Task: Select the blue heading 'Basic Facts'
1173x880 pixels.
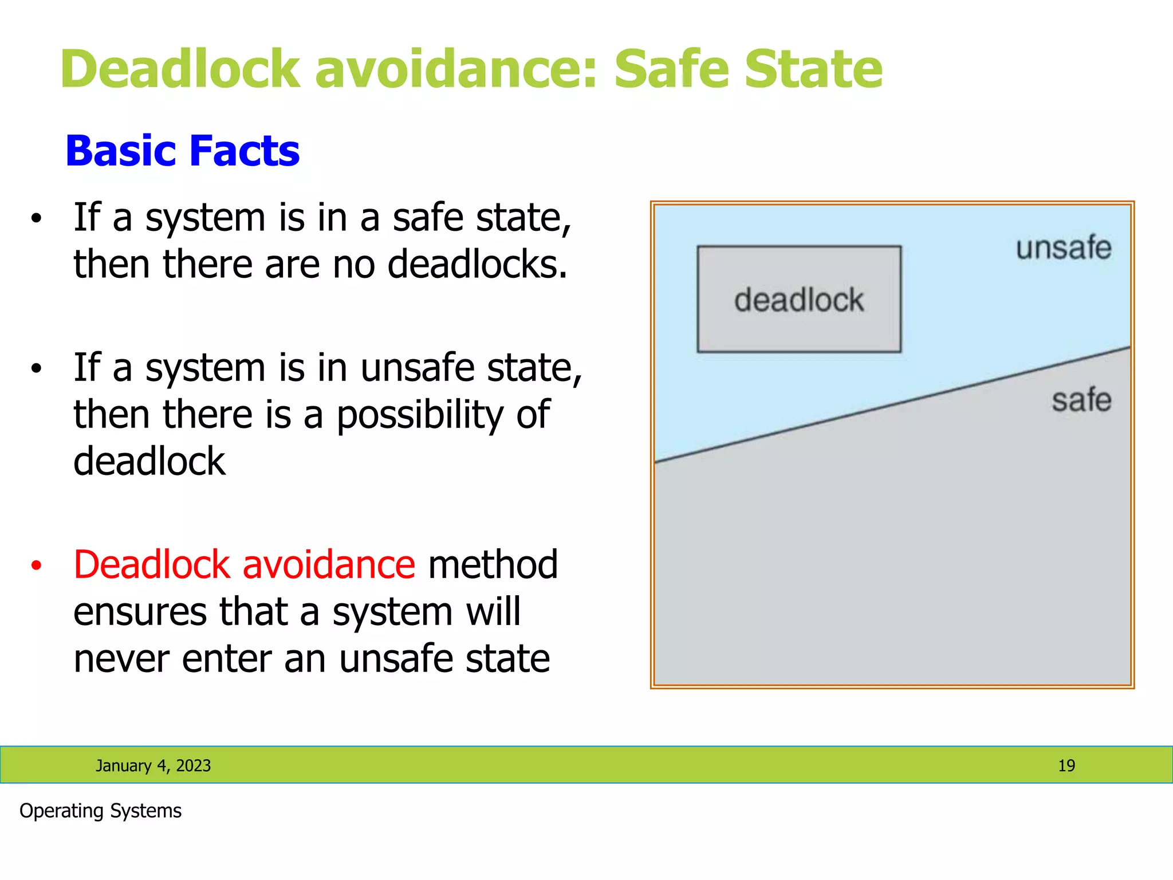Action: [182, 151]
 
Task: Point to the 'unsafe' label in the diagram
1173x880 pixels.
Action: [1064, 248]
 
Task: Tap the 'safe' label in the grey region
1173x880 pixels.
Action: [1081, 400]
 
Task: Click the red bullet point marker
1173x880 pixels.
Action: [37, 566]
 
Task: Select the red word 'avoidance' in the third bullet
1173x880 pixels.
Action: [329, 565]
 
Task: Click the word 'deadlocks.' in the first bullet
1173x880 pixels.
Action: [478, 265]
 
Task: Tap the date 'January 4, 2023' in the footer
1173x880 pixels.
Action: [153, 765]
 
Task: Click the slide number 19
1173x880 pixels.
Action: [1066, 765]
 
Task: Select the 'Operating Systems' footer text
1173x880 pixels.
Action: [100, 811]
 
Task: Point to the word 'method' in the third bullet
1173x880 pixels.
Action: [493, 565]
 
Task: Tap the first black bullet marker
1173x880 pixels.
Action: [37, 218]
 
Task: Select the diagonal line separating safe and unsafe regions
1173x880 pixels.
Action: [892, 404]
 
